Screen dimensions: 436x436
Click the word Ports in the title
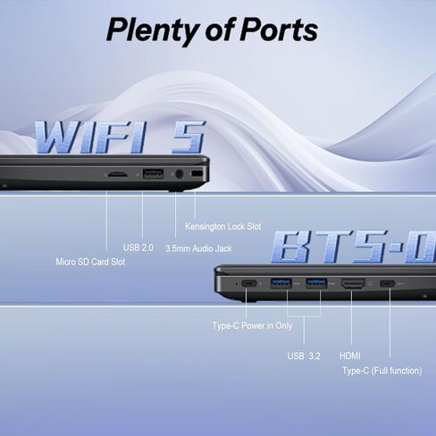point(279,29)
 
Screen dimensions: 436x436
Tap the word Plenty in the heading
point(152,31)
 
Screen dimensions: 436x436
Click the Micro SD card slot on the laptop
point(117,174)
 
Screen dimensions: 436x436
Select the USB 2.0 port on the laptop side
point(153,173)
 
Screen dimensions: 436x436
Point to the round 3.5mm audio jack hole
point(179,173)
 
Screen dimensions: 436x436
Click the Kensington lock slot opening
point(197,173)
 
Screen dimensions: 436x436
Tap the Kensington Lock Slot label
point(223,227)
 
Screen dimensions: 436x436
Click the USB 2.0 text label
point(138,247)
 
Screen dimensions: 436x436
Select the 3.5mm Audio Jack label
point(198,248)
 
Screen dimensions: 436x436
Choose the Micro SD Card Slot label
point(90,262)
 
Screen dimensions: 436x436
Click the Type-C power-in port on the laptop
point(249,283)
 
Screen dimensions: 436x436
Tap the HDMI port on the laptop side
point(353,283)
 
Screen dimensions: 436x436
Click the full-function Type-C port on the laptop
point(387,283)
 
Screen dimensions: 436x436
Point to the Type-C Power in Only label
point(253,326)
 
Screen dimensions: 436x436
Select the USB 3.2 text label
point(304,356)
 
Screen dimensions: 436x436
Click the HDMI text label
point(350,356)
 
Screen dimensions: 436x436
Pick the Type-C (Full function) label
point(382,371)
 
